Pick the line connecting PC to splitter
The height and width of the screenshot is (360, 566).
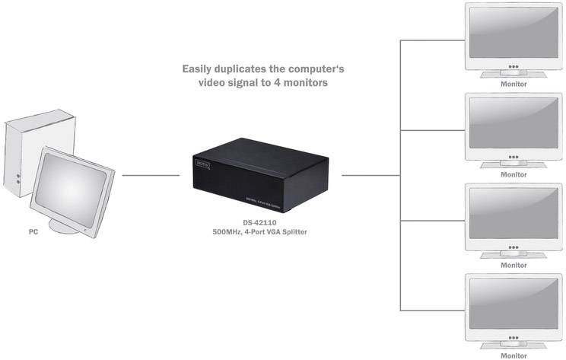click(x=150, y=175)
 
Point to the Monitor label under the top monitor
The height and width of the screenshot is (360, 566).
click(x=514, y=84)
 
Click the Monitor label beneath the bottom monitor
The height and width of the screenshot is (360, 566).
click(x=514, y=355)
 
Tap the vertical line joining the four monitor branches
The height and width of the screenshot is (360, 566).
click(x=401, y=175)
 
